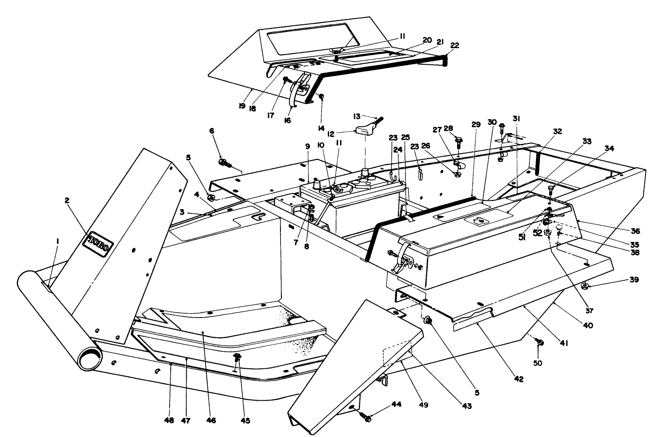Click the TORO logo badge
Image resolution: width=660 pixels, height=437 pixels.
coord(101,240)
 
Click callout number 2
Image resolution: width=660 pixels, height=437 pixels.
coord(67,200)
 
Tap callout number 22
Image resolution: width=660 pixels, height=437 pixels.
coord(454,45)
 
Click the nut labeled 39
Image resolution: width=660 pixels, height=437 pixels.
coord(585,287)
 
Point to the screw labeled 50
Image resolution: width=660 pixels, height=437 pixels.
coord(540,342)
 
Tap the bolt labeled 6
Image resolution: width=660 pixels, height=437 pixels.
coord(224,163)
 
